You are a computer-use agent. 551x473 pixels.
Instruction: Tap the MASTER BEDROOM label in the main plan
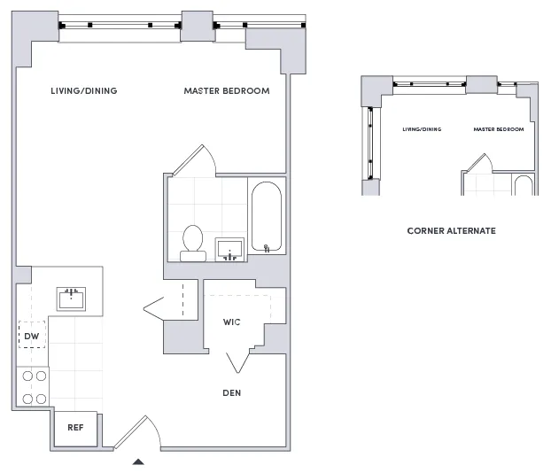tap(227, 91)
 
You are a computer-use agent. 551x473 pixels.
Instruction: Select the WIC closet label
tap(232, 322)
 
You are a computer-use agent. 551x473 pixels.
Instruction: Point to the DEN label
tap(232, 392)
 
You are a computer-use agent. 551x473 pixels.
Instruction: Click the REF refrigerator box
tap(76, 428)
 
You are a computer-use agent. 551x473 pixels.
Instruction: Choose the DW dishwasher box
tap(31, 336)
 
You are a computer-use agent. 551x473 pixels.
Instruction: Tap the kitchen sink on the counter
tap(72, 298)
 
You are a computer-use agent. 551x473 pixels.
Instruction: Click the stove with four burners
tap(33, 387)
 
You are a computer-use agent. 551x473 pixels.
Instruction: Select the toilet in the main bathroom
tap(193, 243)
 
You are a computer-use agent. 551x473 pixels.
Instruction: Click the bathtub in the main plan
tap(266, 218)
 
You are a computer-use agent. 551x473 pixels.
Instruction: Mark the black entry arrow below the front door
tap(138, 461)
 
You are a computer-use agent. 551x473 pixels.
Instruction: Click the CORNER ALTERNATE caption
tap(451, 231)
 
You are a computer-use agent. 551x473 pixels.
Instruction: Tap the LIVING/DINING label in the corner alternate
tap(422, 130)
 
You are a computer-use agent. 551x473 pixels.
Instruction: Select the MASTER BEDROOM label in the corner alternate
tap(498, 130)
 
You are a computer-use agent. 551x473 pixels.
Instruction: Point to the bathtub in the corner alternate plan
tap(524, 186)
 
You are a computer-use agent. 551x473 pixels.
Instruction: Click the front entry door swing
tap(137, 433)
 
